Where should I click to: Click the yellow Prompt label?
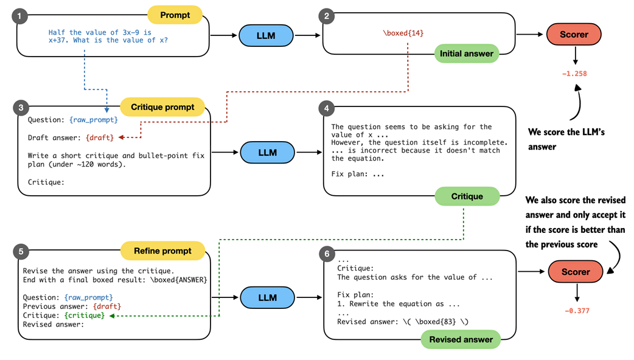click(175, 15)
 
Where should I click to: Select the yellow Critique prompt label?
click(162, 107)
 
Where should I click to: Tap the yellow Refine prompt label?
click(162, 251)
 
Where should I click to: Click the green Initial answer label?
click(466, 54)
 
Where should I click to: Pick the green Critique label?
click(467, 196)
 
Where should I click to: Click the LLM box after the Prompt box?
click(266, 35)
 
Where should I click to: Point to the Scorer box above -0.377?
click(576, 272)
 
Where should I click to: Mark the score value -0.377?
click(576, 311)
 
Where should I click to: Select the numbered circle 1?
click(21, 16)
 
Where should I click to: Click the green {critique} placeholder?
click(85, 316)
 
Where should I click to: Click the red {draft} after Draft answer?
click(100, 138)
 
